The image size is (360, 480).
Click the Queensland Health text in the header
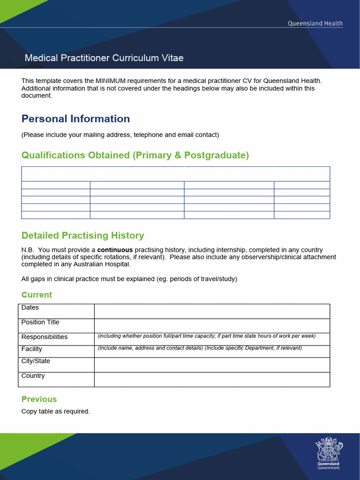(x=315, y=23)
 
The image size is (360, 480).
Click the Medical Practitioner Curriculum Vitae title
(x=104, y=58)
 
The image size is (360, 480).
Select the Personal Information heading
(x=75, y=119)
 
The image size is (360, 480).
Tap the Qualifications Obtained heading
(x=135, y=155)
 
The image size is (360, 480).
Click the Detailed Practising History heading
(x=82, y=235)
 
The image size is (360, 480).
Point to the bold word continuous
(x=115, y=250)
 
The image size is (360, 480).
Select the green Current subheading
(x=37, y=295)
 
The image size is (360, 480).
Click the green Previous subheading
(x=39, y=399)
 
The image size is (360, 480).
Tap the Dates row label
(x=30, y=307)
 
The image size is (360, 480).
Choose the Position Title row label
(x=40, y=322)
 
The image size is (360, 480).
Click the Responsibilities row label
(x=44, y=337)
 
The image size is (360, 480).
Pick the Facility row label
(x=31, y=349)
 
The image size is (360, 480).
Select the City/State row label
(x=36, y=361)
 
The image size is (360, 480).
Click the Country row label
(x=33, y=375)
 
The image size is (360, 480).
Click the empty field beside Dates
(x=212, y=311)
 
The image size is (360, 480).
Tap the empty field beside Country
(x=212, y=379)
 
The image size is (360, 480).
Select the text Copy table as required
(x=55, y=411)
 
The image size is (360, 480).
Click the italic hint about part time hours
(x=206, y=336)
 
